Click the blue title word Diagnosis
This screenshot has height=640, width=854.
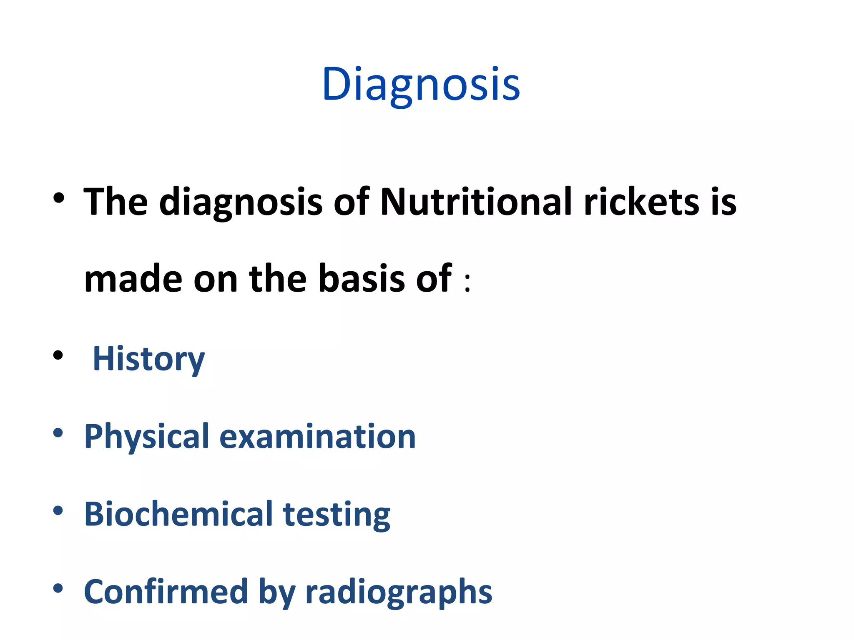click(x=421, y=85)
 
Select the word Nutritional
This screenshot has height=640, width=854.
click(x=476, y=202)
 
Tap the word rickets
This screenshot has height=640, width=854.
click(x=642, y=202)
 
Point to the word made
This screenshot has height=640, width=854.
click(x=133, y=278)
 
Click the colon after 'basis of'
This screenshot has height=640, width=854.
click(x=467, y=283)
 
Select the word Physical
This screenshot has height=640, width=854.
click(x=146, y=436)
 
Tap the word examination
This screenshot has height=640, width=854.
click(x=317, y=436)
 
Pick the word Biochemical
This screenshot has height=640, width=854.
click(x=178, y=514)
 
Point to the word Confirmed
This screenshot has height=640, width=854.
click(x=166, y=591)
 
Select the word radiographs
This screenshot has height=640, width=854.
click(x=399, y=592)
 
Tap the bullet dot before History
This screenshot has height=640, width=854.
click(x=58, y=355)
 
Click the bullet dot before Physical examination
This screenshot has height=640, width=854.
click(x=58, y=433)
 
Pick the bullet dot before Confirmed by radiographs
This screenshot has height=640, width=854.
click(x=58, y=588)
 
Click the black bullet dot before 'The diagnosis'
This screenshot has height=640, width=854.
click(x=59, y=198)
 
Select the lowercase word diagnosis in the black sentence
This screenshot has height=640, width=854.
click(x=241, y=202)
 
